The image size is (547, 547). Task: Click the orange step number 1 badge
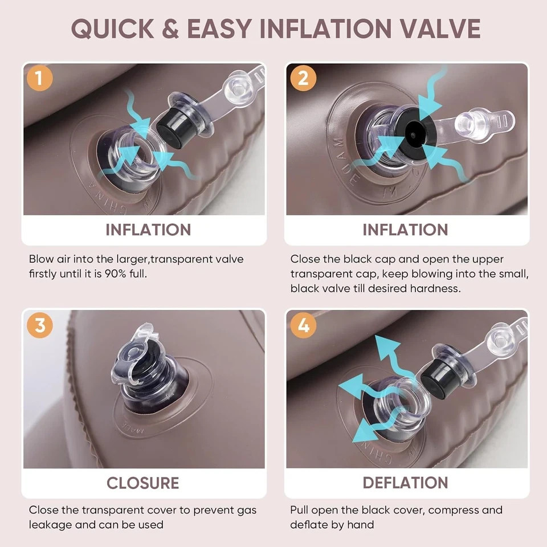click(39, 78)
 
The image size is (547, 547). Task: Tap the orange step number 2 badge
click(303, 78)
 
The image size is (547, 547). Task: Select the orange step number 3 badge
click(39, 325)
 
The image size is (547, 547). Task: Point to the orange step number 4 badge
click(303, 325)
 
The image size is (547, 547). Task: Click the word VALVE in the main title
click(440, 28)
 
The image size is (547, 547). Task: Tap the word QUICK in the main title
click(113, 28)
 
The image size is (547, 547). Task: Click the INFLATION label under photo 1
click(148, 230)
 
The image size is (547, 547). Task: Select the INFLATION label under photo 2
click(405, 230)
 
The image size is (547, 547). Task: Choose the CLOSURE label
click(143, 483)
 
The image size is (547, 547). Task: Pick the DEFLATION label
click(405, 483)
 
